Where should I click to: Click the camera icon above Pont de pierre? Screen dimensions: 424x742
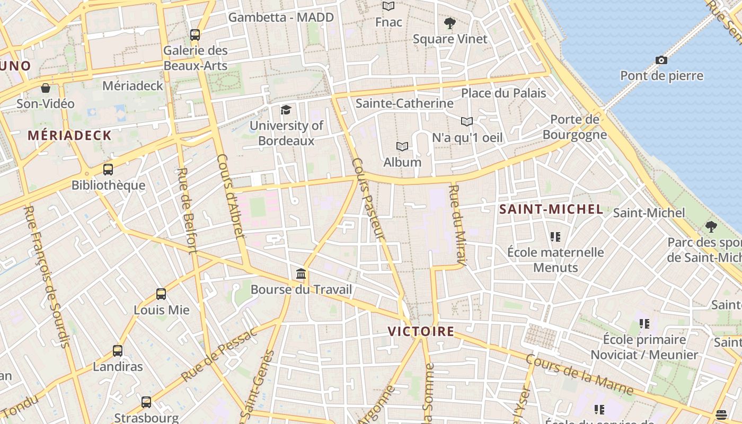pyautogui.click(x=661, y=60)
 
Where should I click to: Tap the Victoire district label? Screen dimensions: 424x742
pyautogui.click(x=421, y=332)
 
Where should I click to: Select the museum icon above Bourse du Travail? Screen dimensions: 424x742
pyautogui.click(x=301, y=274)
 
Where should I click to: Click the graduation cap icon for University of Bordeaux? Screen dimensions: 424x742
pyautogui.click(x=286, y=110)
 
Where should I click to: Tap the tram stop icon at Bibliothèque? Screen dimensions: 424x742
pyautogui.click(x=108, y=170)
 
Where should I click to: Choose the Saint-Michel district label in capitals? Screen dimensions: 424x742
pyautogui.click(x=551, y=209)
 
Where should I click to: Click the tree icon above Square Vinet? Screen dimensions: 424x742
pyautogui.click(x=450, y=23)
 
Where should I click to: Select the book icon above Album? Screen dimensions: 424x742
pyautogui.click(x=402, y=146)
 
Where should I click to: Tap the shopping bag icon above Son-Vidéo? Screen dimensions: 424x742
pyautogui.click(x=46, y=88)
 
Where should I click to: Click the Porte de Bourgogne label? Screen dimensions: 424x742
pyautogui.click(x=575, y=127)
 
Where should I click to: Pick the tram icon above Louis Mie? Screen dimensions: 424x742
pyautogui.click(x=161, y=294)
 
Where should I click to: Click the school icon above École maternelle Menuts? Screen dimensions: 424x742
pyautogui.click(x=555, y=236)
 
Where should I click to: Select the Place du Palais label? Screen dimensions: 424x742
pyautogui.click(x=503, y=93)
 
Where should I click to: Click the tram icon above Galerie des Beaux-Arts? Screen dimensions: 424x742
pyautogui.click(x=195, y=35)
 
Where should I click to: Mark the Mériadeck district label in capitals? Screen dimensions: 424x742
pyautogui.click(x=69, y=135)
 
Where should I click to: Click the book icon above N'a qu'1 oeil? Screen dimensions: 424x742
pyautogui.click(x=466, y=121)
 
